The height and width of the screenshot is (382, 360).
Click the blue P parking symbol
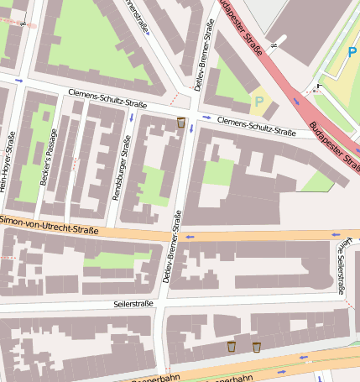point(352,52)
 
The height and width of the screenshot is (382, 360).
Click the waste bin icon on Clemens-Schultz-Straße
point(181,123)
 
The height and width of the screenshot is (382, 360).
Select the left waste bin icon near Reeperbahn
point(231,346)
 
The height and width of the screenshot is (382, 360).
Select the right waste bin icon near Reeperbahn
point(257,346)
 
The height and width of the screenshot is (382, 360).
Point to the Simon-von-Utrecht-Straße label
point(50,224)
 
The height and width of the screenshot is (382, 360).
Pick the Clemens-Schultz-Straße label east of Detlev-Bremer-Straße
point(256,127)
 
